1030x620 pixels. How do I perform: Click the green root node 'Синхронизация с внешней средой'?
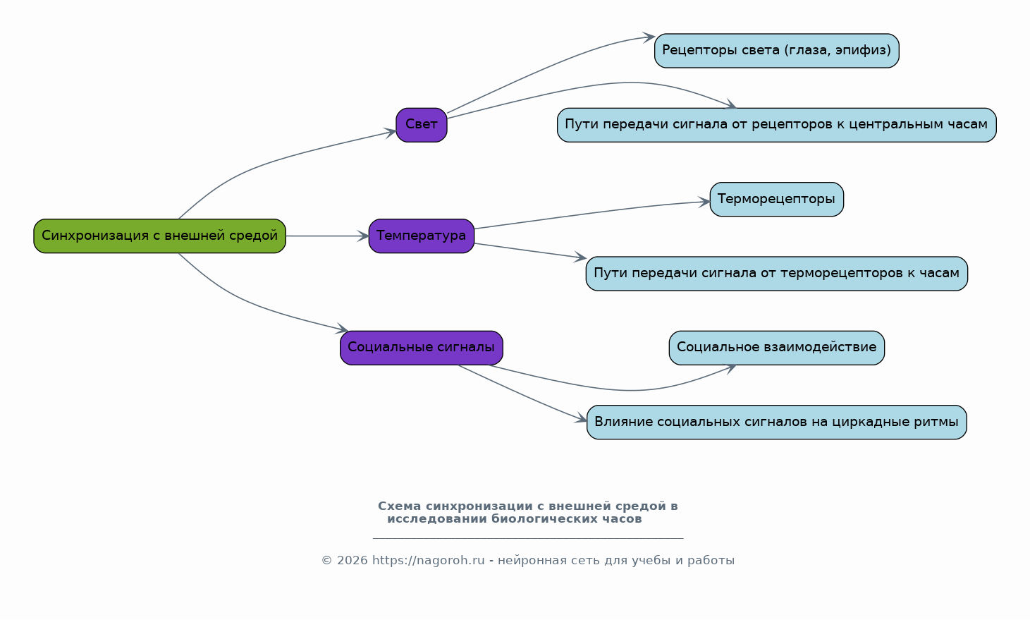tap(159, 236)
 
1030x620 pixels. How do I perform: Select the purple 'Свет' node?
tap(421, 125)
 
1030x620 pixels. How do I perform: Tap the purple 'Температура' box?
tap(421, 236)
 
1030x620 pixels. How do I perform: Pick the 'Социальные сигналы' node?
tap(421, 348)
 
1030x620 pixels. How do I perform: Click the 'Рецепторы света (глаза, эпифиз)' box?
tap(777, 51)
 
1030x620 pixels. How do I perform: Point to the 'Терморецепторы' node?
tap(777, 199)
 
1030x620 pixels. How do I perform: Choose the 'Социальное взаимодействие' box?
tap(777, 348)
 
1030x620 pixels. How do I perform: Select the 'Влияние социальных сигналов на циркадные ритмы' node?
tap(777, 423)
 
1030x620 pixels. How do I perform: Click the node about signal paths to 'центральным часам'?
tap(777, 125)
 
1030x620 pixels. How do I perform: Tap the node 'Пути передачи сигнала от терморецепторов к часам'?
tap(777, 274)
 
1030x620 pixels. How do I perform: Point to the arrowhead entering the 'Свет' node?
tap(391, 133)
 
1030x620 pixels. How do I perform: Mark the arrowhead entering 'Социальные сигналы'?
tap(342, 329)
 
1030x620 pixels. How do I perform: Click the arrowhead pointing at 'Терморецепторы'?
tap(704, 202)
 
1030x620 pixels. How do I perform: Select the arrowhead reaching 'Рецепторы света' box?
tap(649, 37)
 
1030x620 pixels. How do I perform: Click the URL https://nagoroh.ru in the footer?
tap(428, 561)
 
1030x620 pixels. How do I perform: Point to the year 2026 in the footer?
tap(352, 561)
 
